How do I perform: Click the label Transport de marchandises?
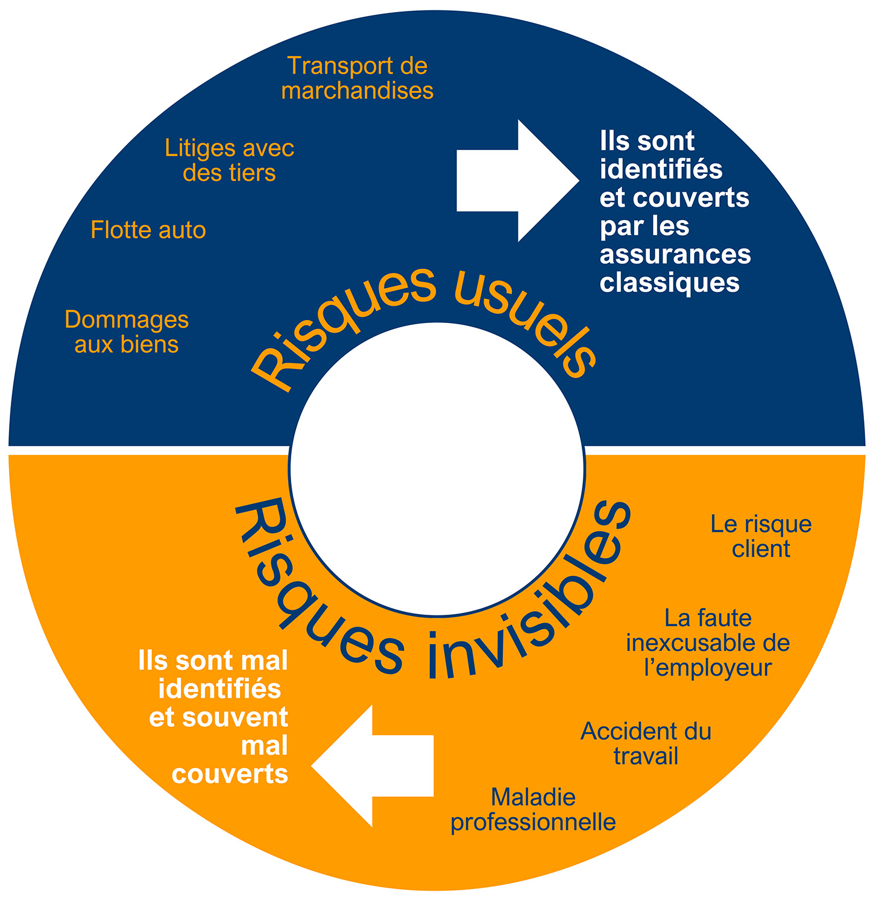click(x=357, y=78)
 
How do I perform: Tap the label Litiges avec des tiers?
click(x=229, y=160)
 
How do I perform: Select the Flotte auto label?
click(x=148, y=230)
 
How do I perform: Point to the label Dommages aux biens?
click(x=127, y=332)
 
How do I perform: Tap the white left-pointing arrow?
click(x=374, y=766)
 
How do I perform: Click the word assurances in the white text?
click(x=675, y=254)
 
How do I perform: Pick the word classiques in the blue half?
click(x=669, y=283)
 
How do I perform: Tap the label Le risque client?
click(x=761, y=536)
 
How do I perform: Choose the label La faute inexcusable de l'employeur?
click(x=708, y=643)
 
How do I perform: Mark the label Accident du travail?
click(x=646, y=744)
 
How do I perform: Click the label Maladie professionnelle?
click(x=534, y=810)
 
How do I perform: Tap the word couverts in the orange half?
click(x=230, y=774)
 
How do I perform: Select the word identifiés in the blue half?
click(x=661, y=169)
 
